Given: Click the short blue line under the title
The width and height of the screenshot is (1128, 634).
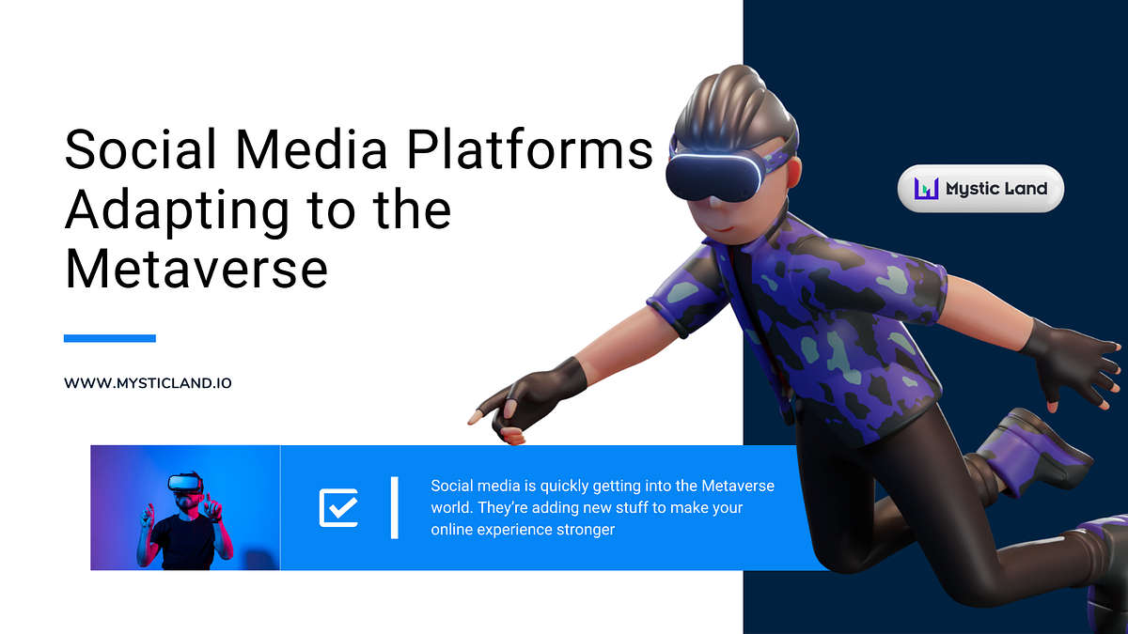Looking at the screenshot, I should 109,338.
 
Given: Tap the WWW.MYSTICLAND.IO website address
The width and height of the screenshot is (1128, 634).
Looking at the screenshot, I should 148,384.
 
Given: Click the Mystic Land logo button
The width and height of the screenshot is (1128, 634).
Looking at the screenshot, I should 980,189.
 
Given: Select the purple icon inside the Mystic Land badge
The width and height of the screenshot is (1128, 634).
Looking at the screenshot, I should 927,189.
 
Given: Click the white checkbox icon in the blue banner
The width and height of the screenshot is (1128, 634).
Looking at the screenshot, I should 338,507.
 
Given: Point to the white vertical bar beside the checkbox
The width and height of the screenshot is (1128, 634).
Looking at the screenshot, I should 395,507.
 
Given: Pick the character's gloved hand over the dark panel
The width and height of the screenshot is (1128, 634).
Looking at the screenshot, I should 1072,362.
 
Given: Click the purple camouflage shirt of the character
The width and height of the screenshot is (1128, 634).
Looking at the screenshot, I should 818,329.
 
